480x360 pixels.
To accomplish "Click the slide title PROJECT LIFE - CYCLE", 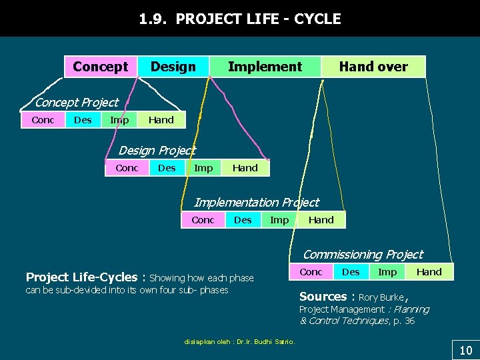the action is (240, 19).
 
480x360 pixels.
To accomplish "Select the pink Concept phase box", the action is (101, 67).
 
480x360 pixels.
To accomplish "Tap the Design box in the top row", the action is (173, 67).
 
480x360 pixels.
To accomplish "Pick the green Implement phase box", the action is (265, 67).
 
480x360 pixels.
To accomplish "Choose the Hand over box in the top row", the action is (373, 67).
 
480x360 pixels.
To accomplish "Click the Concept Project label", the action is (76, 102).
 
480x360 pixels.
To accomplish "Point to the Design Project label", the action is (157, 151).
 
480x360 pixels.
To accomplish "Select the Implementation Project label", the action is (256, 202).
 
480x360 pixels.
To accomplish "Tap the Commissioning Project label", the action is (363, 254).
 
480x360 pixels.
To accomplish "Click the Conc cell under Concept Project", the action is (43, 120).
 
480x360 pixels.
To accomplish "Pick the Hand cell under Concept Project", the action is (161, 120).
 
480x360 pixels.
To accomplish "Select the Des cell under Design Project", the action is (167, 168).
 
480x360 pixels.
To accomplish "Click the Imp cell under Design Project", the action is (203, 168).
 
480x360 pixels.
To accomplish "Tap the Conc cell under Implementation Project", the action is (203, 220).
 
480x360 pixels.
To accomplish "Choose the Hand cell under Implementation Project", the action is (321, 220).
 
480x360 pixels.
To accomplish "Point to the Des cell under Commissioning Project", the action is (351, 272).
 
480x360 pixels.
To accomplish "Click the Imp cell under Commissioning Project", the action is (387, 272).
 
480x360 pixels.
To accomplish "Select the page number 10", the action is (465, 350).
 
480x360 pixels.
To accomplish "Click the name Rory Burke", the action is (381, 297).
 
